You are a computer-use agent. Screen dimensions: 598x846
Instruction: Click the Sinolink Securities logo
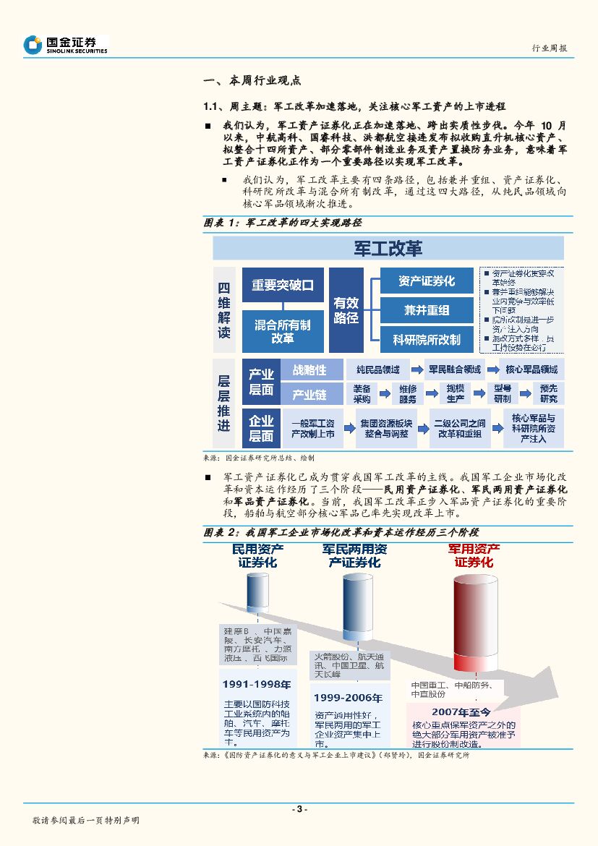coord(65,45)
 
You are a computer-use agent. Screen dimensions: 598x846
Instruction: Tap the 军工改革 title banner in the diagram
coord(388,249)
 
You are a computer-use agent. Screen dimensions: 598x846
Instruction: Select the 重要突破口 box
coord(282,285)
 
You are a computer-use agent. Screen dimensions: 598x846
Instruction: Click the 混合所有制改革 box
coord(282,331)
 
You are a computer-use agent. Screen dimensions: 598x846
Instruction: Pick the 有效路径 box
coord(346,309)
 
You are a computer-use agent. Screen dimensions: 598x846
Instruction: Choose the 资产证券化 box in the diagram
coord(427,281)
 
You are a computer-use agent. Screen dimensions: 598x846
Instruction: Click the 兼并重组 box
coord(427,310)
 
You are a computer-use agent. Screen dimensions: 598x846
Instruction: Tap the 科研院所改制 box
coord(427,339)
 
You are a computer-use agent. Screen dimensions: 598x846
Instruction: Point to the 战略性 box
coord(309,369)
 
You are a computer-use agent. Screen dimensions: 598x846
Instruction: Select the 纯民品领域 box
coord(377,369)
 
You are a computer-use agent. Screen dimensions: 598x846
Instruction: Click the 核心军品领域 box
coord(531,369)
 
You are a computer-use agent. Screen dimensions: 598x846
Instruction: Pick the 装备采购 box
coord(362,393)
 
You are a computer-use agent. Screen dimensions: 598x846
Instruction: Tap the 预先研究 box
coord(549,393)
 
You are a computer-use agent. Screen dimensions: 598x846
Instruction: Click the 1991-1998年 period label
coord(257,683)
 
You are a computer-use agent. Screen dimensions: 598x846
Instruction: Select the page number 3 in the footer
coord(299,808)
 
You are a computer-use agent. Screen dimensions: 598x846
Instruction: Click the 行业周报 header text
coord(550,48)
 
